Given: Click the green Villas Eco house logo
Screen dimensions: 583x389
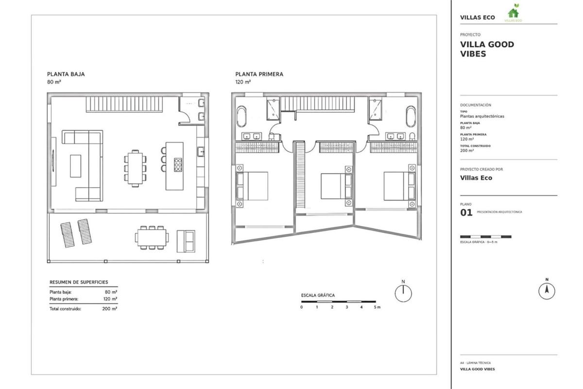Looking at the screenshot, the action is point(513,13).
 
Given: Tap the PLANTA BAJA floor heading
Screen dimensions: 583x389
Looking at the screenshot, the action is point(66,74).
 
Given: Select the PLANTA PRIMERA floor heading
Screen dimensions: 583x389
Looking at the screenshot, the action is point(259,74).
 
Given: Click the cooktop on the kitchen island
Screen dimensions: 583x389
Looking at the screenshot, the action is point(178,165).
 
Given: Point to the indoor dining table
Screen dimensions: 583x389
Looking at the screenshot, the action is point(135,168).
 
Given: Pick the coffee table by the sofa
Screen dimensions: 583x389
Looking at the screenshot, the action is point(75,166).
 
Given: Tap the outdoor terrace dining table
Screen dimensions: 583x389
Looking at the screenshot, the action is point(152,237).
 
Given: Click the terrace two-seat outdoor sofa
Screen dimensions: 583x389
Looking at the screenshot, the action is point(186,241).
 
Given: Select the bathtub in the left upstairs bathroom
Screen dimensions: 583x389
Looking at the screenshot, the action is point(241,117).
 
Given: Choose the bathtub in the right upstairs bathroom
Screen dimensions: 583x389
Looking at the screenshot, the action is point(411,117).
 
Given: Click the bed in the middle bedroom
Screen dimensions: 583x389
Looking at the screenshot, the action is point(336,186).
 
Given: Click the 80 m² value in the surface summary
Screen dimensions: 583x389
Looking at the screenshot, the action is point(111,292).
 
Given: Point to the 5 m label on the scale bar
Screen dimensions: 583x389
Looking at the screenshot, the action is point(377,307).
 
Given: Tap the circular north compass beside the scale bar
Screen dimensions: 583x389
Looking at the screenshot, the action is point(403,293).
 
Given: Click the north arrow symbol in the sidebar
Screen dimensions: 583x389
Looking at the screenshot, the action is point(547,291).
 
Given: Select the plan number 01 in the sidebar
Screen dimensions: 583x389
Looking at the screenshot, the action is point(466,212).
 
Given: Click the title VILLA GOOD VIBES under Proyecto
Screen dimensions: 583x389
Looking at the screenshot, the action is point(487,49).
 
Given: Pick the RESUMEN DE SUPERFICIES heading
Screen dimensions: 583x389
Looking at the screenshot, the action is point(79,282).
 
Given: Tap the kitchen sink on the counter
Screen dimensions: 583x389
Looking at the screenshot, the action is point(200,152).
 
